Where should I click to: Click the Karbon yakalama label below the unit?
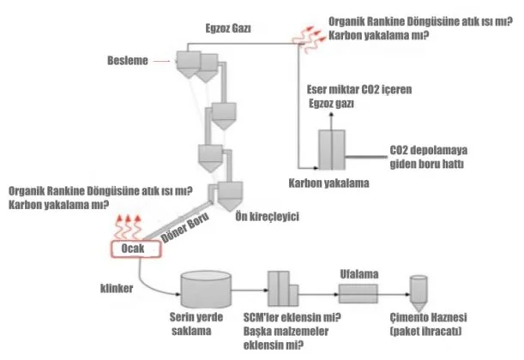pyautogui.click(x=330, y=183)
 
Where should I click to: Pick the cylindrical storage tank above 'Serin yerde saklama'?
pyautogui.click(x=205, y=291)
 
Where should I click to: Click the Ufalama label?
pyautogui.click(x=353, y=274)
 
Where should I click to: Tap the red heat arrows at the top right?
pyautogui.click(x=307, y=33)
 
